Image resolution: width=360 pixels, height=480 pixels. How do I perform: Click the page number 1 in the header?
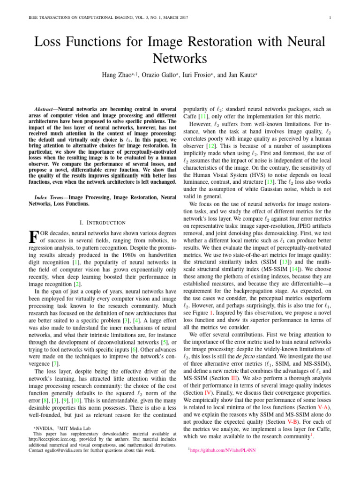point(331,18)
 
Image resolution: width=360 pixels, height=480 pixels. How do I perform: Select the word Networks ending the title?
point(180,58)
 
